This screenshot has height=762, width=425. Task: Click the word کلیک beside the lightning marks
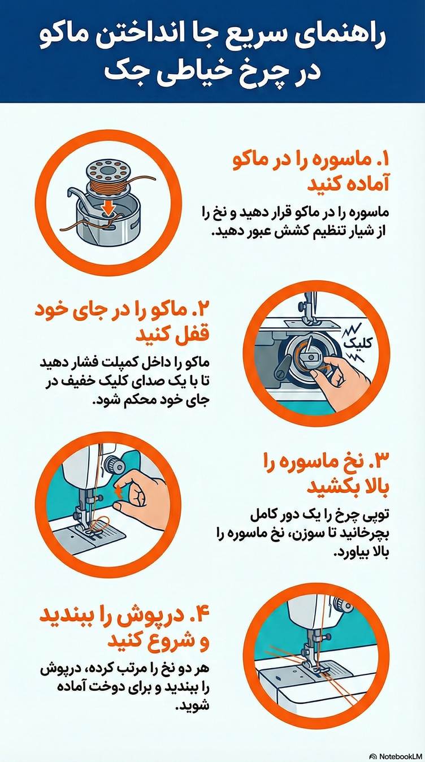coord(358,343)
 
